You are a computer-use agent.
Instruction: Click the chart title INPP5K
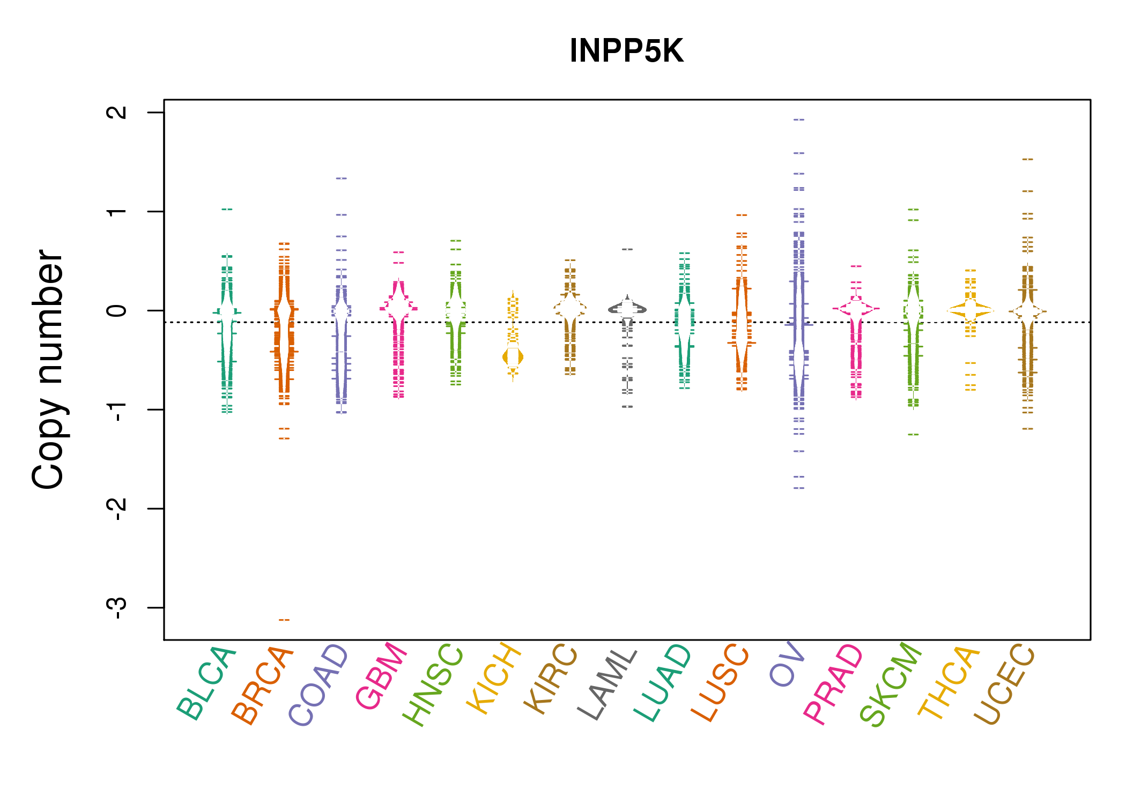626,51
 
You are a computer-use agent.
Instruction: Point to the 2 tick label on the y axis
117,113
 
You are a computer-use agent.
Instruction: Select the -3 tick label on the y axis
117,607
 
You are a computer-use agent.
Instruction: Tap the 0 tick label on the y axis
117,310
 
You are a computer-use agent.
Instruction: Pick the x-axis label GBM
382,675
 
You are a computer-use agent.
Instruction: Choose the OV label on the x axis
787,664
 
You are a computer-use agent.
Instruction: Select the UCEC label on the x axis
1004,684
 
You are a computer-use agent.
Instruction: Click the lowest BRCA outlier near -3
284,620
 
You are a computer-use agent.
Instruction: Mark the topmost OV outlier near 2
799,120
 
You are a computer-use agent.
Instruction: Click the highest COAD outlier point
342,178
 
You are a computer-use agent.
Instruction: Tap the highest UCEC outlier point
1027,159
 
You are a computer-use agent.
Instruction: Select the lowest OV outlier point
799,488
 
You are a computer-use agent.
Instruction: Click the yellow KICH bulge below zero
513,357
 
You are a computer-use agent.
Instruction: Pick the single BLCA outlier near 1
227,209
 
